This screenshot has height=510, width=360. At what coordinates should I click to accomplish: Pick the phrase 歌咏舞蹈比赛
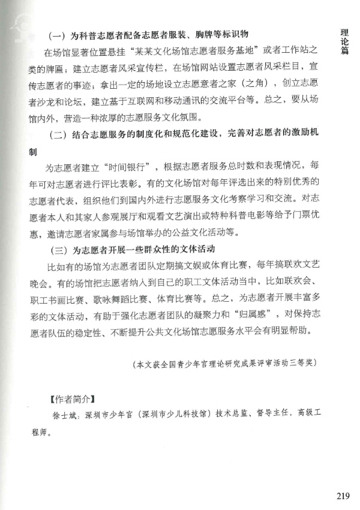click(123, 298)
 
